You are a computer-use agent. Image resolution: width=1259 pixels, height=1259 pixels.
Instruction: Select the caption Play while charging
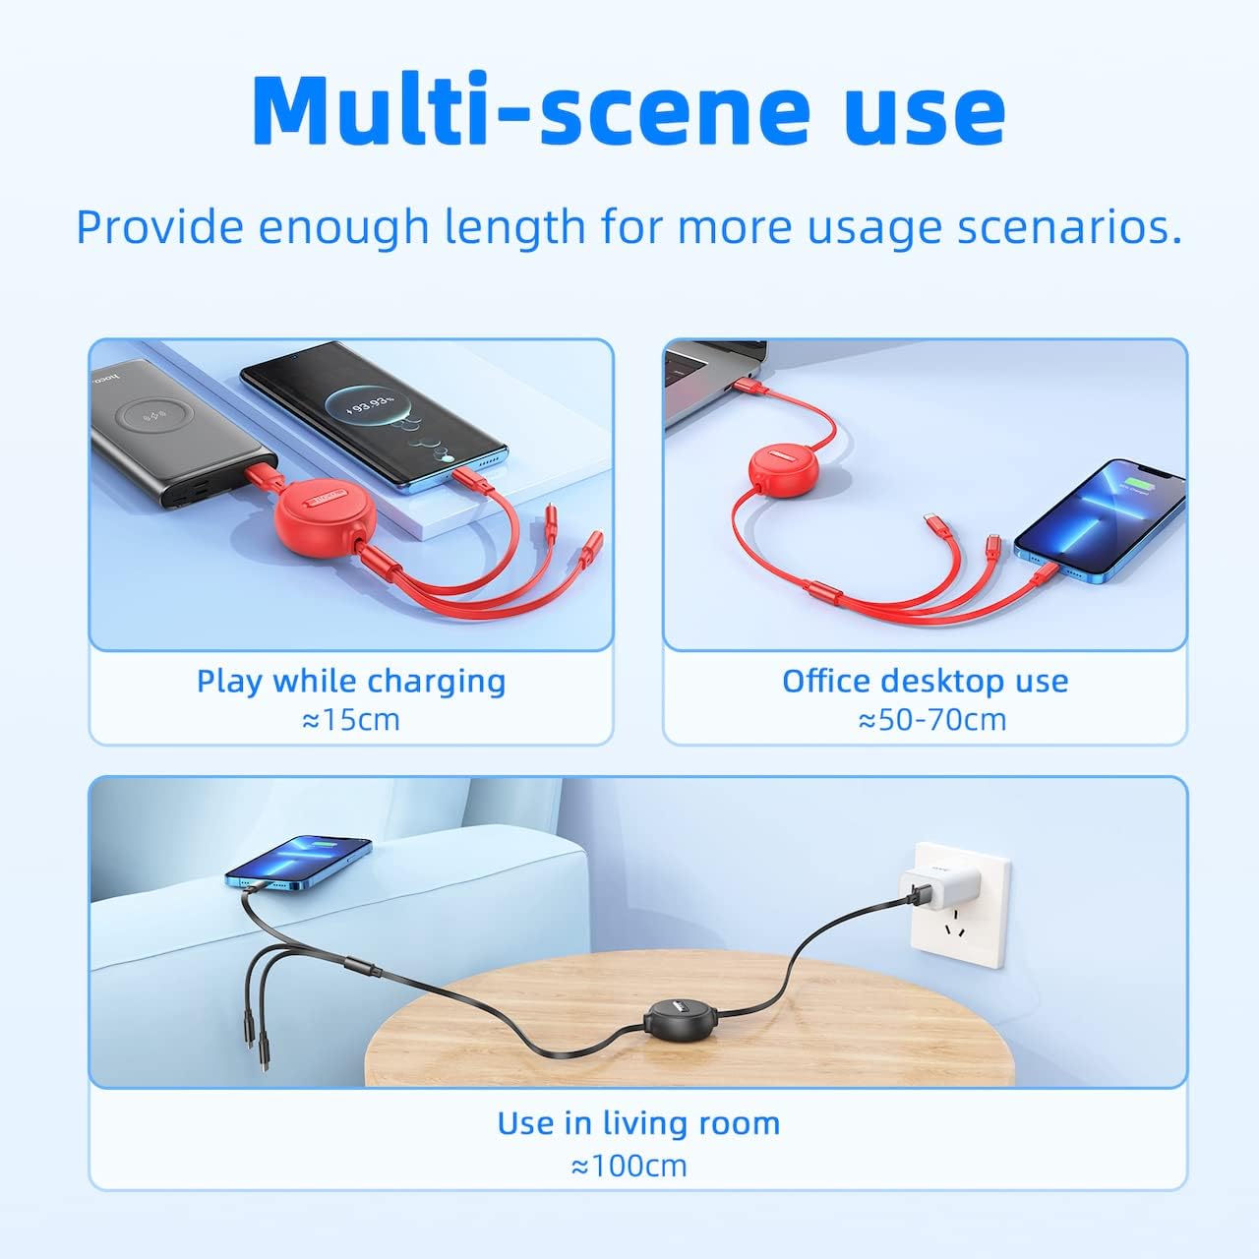click(351, 681)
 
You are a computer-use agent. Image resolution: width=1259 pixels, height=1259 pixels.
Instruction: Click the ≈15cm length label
click(351, 720)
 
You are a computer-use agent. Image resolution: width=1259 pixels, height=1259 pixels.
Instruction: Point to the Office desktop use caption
click(925, 681)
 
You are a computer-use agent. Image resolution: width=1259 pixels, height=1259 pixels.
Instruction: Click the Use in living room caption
click(638, 1123)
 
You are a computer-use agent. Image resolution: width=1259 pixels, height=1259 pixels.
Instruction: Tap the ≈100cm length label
click(629, 1167)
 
